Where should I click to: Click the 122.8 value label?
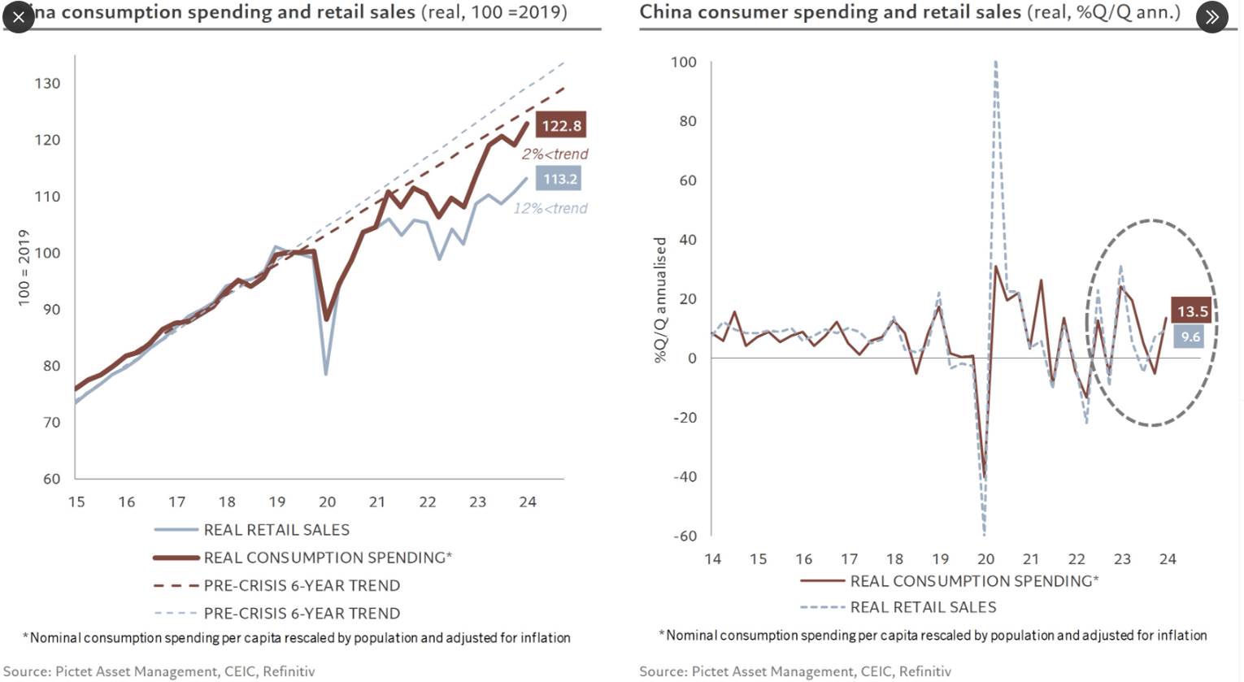pos(561,125)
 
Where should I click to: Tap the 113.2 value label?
pos(559,179)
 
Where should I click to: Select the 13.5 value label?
pos(1192,311)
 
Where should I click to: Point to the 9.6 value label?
pos(1190,337)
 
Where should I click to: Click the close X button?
pos(19,16)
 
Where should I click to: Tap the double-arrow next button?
pos(1211,16)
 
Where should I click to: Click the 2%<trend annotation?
pos(555,154)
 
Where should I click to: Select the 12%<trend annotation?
pos(550,208)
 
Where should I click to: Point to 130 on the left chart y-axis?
pos(47,83)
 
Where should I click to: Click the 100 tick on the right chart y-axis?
pos(683,62)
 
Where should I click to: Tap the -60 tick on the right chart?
pos(684,536)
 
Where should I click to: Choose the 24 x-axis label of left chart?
pos(528,502)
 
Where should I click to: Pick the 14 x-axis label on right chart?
pos(712,559)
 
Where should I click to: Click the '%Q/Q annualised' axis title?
pos(660,300)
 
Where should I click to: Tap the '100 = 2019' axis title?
pos(24,267)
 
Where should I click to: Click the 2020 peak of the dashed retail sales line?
pos(995,62)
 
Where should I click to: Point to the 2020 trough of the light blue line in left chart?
pos(326,374)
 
